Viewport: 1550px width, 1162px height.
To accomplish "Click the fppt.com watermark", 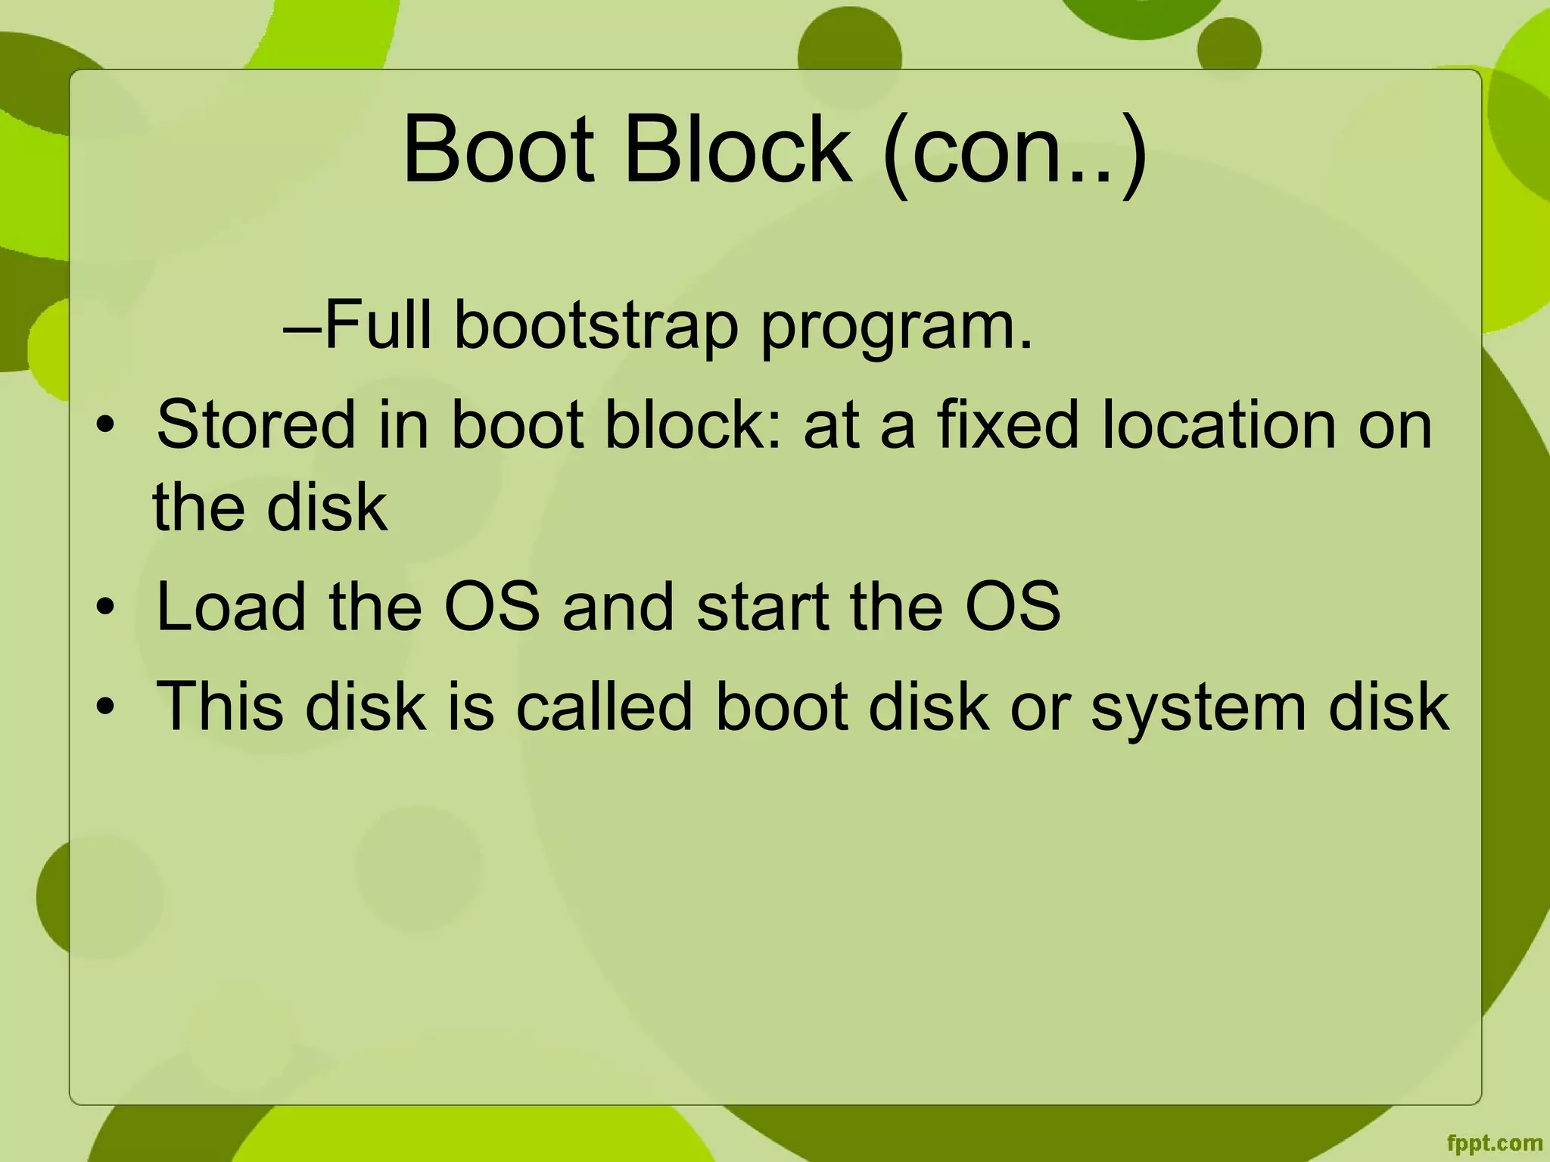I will click(1494, 1142).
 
